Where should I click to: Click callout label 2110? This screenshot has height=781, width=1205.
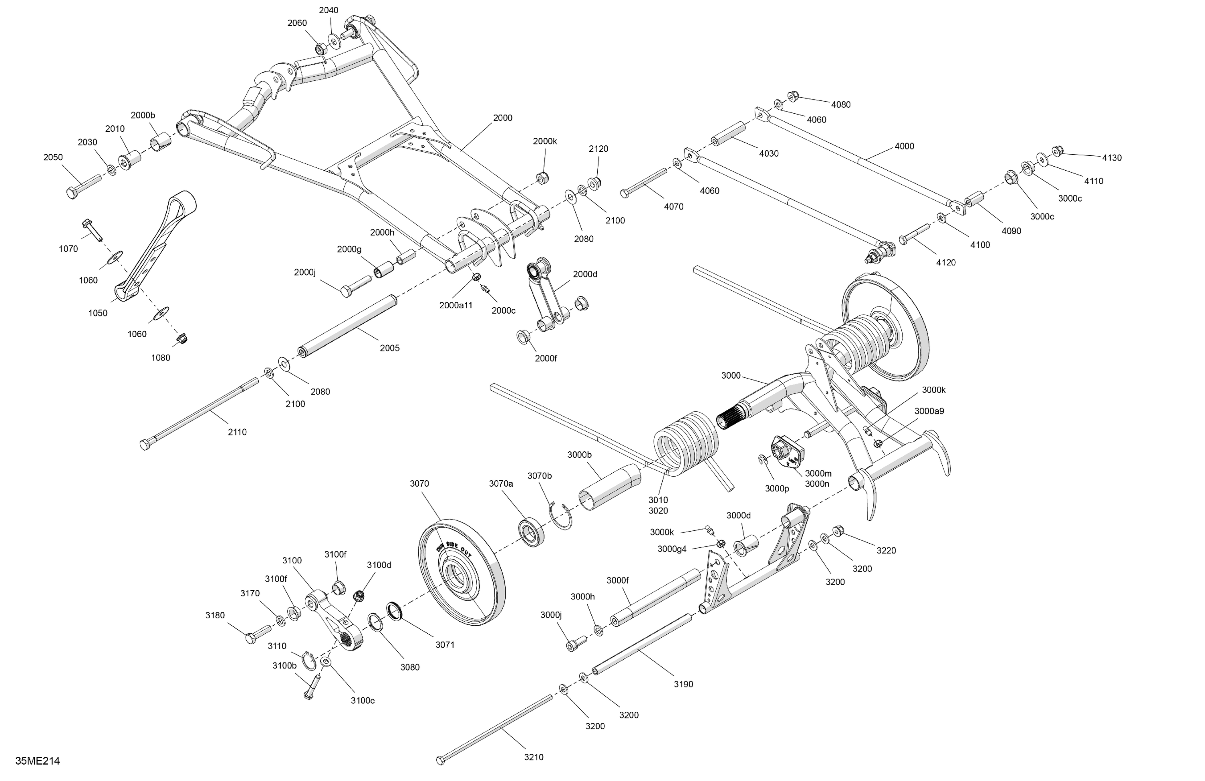click(237, 432)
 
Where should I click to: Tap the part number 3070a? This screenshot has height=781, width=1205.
click(501, 483)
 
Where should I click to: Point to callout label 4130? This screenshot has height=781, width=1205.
click(1112, 157)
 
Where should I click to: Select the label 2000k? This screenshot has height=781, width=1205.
click(545, 141)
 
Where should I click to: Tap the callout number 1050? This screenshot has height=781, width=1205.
click(98, 313)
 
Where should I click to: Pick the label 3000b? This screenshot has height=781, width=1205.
click(579, 455)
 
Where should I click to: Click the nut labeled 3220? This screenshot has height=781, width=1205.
click(838, 531)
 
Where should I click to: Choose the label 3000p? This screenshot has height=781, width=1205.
click(777, 488)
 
